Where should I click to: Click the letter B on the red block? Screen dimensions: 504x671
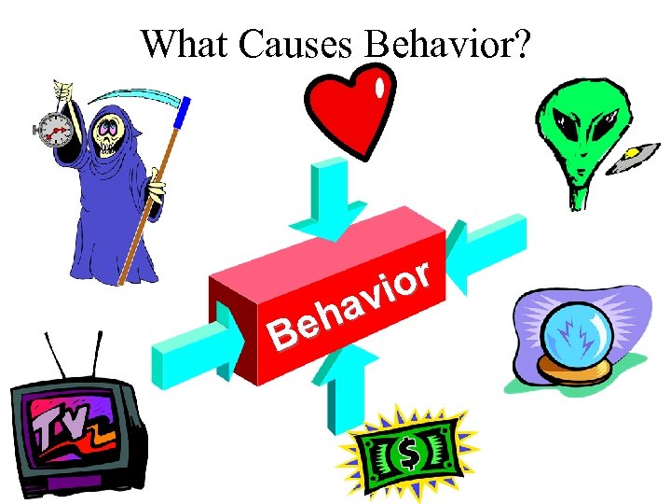[279, 332]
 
